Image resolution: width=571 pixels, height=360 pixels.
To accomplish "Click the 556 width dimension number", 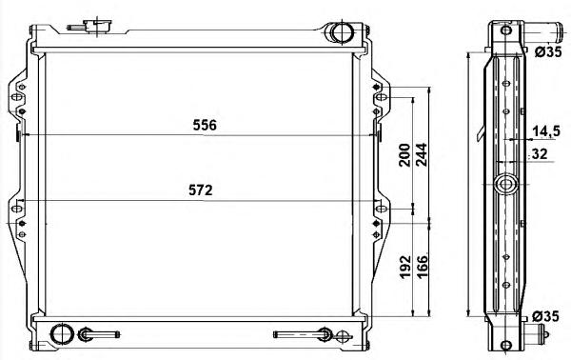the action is tap(205, 125).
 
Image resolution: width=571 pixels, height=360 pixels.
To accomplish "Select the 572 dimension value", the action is tap(200, 190).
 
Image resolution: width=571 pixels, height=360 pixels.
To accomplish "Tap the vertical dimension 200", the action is tap(404, 155).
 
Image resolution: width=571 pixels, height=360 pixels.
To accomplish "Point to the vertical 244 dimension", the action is tap(422, 155).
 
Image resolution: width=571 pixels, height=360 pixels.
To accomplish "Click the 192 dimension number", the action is tap(405, 267).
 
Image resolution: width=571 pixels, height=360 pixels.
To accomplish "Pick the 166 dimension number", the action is tap(422, 267).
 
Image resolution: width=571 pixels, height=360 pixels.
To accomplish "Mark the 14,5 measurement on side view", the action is tap(546, 131).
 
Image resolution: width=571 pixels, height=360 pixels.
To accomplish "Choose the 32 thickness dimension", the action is tap(540, 153).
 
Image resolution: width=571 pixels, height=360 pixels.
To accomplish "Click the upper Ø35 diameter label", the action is tap(548, 52).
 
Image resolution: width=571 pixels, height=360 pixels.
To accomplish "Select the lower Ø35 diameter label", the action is tap(545, 316).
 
